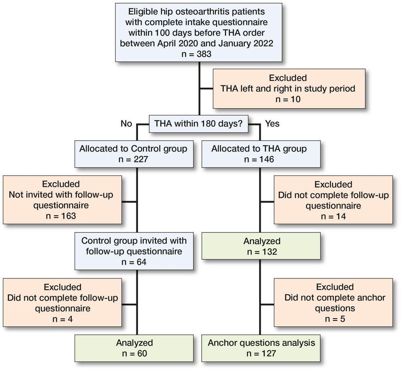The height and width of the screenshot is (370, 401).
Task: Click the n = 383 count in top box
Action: pyautogui.click(x=199, y=54)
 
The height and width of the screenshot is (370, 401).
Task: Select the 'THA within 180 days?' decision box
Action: pyautogui.click(x=199, y=123)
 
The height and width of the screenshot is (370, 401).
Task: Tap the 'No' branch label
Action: pyautogui.click(x=126, y=123)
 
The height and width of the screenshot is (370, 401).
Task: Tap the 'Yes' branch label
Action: pyautogui.click(x=272, y=123)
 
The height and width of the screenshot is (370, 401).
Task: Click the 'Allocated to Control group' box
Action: pyautogui.click(x=134, y=154)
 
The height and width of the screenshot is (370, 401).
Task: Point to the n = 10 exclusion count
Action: pyautogui.click(x=289, y=99)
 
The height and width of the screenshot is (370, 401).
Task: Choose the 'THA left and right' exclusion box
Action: pyautogui.click(x=289, y=88)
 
